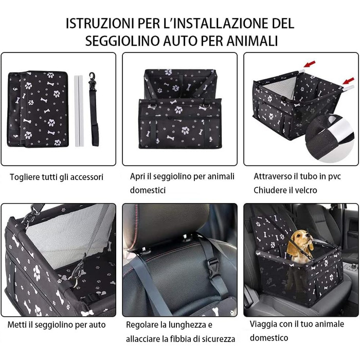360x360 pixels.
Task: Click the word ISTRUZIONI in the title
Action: click(100, 24)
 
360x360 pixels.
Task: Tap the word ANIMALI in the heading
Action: click(253, 41)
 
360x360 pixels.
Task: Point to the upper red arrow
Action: click(310, 64)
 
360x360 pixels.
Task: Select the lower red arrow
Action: click(349, 81)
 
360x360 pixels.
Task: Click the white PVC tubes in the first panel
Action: click(79, 111)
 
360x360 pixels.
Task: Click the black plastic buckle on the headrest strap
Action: click(213, 267)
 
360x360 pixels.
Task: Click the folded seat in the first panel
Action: click(38, 109)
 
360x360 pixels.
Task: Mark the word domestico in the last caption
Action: click(269, 338)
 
